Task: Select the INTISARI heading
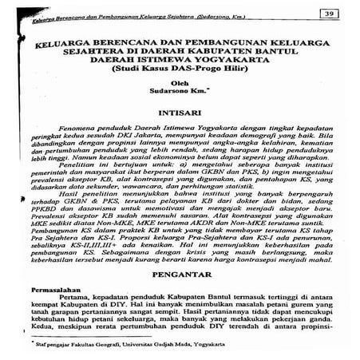(180, 114)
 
